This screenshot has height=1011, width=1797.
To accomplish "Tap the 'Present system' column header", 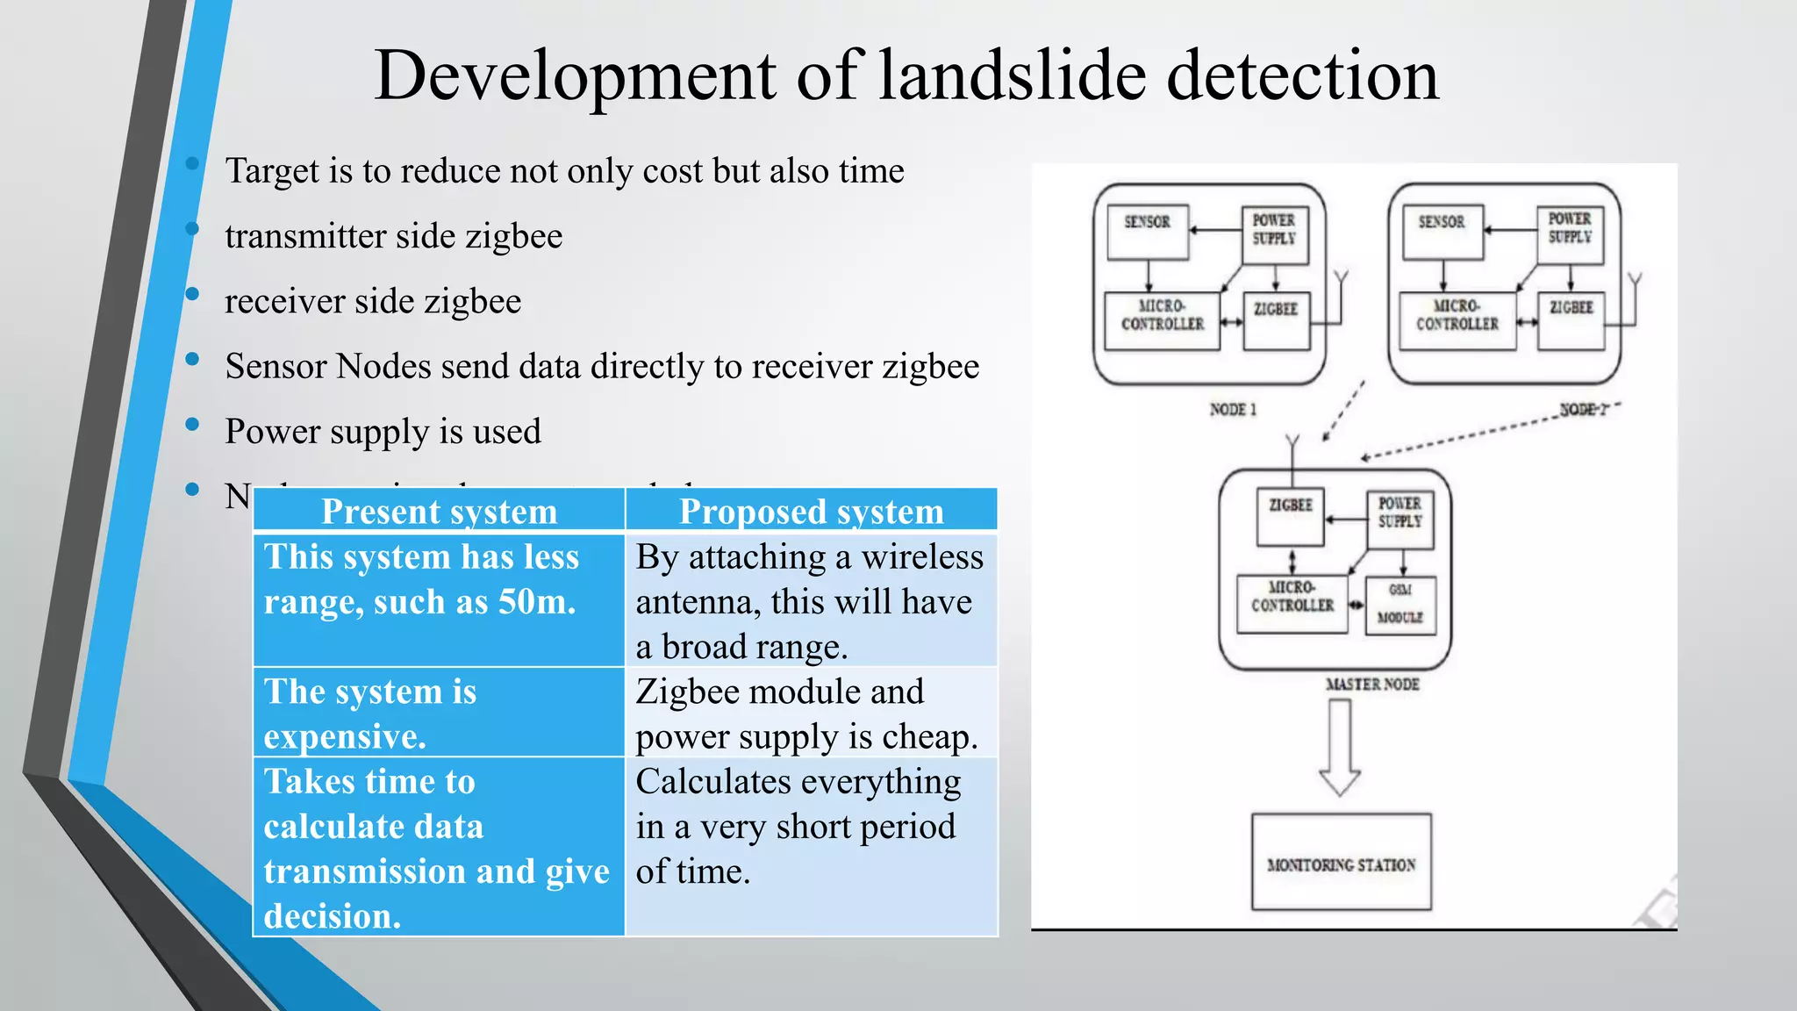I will (439, 511).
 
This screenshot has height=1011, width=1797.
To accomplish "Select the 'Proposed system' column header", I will (812, 511).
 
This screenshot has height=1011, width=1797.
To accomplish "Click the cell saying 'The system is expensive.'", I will (439, 713).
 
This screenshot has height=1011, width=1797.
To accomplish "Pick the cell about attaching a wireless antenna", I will (812, 601).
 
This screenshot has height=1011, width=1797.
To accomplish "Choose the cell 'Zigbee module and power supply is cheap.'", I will (812, 713).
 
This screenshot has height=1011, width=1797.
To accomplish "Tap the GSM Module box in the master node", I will (1400, 605).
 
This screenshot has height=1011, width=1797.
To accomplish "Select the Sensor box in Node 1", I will (1148, 233).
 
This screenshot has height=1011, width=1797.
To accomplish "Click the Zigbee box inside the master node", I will (1291, 517).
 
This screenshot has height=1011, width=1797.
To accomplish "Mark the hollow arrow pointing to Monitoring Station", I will (1340, 747).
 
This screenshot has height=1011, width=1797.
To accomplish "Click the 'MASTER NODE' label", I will (1372, 685).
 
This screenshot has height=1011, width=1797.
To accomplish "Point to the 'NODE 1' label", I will (1233, 410).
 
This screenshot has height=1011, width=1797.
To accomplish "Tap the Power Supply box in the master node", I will (1400, 519).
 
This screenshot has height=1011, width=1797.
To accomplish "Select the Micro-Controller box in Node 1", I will (1162, 321).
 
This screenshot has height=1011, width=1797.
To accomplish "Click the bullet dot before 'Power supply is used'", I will (192, 425).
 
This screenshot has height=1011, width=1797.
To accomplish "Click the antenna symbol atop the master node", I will (1292, 443).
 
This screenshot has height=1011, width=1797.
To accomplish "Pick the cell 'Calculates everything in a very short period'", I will (812, 826).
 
